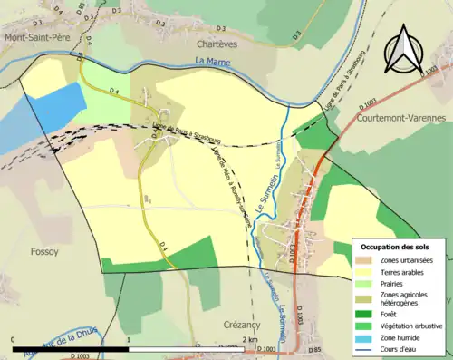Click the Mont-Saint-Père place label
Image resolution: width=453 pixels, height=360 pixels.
tap(40, 37)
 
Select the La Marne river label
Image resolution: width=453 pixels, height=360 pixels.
tap(213, 62)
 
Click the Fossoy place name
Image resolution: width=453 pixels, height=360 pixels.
tap(44, 250)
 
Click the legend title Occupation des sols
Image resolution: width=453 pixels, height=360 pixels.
tap(399, 247)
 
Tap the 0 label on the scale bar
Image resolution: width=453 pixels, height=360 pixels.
tap(14, 339)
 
